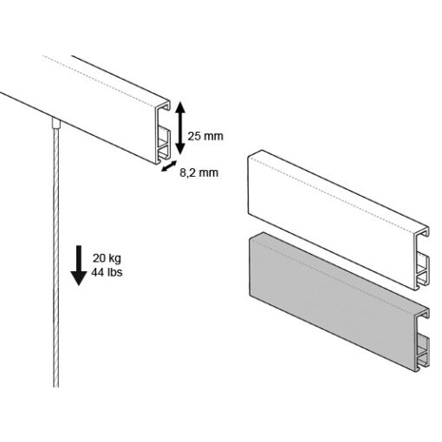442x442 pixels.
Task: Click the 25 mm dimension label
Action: tap(205, 136)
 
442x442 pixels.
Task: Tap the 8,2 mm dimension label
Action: tap(198, 172)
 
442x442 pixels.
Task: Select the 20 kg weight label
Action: tap(107, 258)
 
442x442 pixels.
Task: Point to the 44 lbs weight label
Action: tap(107, 272)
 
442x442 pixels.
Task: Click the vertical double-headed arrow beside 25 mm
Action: tap(180, 128)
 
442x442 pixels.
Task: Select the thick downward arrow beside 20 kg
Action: tap(79, 265)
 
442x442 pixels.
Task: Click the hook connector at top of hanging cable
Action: tap(56, 123)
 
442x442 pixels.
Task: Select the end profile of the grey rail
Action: tap(423, 340)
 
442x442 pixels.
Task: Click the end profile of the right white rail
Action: tap(423, 258)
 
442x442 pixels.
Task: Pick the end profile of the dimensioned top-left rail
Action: tap(164, 133)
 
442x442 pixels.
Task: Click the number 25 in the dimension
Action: tap(193, 136)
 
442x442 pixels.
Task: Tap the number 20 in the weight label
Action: tap(99, 258)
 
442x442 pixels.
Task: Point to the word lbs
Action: tap(114, 272)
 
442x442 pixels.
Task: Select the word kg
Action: tap(115, 259)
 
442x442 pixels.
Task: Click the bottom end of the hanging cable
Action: tap(56, 387)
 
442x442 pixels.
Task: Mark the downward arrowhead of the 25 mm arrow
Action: tap(180, 149)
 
